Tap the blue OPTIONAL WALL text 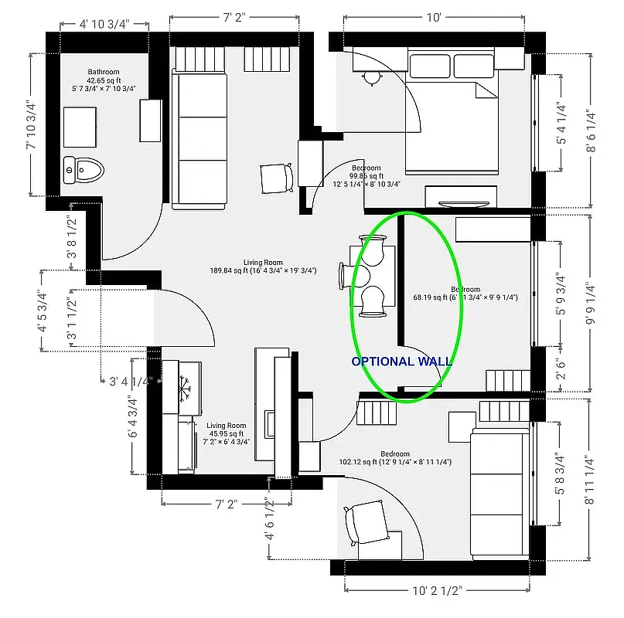click(401, 361)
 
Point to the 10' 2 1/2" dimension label click(437, 592)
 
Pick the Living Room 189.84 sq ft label click(263, 267)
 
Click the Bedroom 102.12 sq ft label click(395, 458)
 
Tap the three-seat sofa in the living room click(199, 139)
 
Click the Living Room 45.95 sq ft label click(226, 433)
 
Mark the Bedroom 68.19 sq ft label click(466, 293)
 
